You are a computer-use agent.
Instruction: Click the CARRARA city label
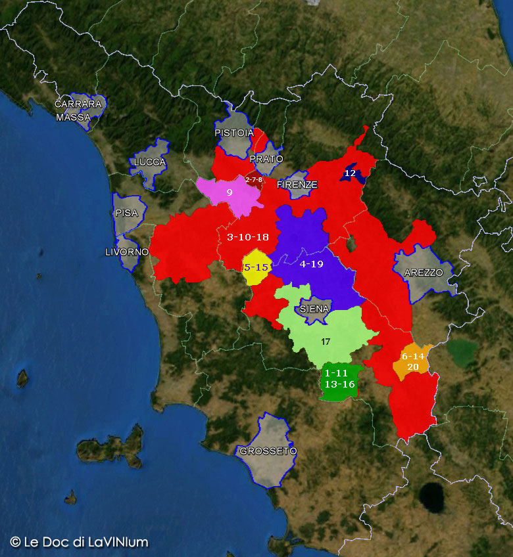78,104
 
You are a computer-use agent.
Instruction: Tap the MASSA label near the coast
74,118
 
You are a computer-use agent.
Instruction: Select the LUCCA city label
150,162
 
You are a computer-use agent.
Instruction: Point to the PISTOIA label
234,133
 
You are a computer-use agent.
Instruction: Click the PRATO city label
266,159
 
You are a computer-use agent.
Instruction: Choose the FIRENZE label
297,185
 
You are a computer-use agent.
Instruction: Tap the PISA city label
127,213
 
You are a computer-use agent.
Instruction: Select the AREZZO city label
424,273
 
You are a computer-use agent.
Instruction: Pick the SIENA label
314,309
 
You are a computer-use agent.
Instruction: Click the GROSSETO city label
268,451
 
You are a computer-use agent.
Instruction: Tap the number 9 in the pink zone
230,192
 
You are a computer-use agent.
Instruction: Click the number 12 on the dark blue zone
350,173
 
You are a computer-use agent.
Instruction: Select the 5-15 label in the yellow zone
256,267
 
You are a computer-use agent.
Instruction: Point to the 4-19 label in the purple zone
311,264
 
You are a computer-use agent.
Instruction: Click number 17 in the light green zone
326,342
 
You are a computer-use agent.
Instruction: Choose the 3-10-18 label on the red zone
248,237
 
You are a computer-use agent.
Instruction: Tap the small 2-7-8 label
254,179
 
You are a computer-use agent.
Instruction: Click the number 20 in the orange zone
413,367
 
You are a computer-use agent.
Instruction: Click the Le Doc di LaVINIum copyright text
79,543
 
